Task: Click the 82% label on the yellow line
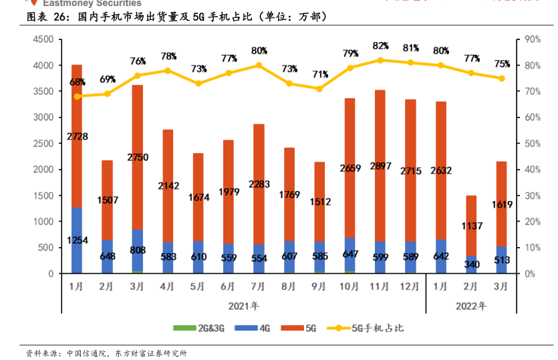(380, 45)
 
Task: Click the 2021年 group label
(243, 306)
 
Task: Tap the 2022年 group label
(471, 306)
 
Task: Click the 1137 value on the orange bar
(471, 226)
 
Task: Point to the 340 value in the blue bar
(471, 264)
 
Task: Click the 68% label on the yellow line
(77, 82)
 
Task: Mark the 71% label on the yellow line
(319, 74)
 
